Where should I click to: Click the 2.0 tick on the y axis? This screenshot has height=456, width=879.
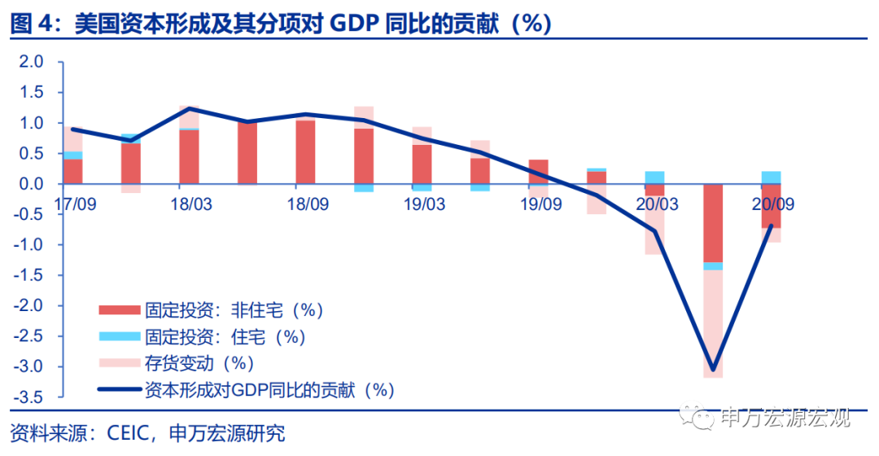[30, 62]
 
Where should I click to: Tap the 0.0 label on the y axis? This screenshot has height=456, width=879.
[30, 184]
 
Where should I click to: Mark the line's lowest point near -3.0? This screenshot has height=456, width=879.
[713, 370]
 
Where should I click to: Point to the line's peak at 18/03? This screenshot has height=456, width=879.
[189, 108]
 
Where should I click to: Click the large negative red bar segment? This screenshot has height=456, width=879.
[713, 223]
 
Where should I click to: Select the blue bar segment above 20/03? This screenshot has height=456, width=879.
[654, 178]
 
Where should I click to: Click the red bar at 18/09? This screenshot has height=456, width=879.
[305, 151]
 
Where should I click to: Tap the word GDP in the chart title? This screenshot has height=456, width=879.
[356, 24]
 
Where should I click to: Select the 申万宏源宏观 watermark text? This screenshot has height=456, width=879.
[785, 418]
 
